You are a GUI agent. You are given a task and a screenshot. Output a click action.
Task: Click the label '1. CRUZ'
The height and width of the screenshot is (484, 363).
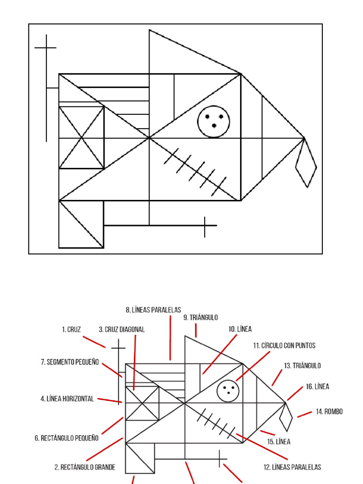(71, 329)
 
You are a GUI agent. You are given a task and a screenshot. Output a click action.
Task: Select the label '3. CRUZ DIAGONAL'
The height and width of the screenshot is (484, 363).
(121, 329)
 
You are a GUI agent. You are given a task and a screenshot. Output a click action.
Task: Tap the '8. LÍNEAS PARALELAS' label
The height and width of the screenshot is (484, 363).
(153, 310)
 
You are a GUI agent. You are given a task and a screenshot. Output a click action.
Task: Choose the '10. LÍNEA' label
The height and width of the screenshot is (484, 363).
(240, 329)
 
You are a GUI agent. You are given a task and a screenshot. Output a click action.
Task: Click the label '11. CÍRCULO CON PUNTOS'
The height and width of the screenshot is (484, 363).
(284, 346)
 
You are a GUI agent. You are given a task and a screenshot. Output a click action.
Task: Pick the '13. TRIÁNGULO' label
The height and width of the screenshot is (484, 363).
(302, 365)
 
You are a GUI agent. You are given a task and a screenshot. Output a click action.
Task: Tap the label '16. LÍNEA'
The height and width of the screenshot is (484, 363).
(318, 386)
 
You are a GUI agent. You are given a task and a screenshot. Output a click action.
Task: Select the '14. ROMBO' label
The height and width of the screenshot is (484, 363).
(329, 412)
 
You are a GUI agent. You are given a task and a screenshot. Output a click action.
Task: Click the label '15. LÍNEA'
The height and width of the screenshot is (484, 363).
(279, 442)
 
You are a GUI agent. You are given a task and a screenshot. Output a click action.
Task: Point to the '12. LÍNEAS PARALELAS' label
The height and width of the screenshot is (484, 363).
(292, 467)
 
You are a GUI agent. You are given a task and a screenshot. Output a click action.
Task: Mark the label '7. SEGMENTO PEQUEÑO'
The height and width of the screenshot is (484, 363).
(70, 362)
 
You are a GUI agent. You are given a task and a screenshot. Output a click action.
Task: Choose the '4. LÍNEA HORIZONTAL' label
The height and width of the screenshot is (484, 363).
(67, 399)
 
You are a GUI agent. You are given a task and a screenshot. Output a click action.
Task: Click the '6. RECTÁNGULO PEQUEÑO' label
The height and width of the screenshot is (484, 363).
(67, 438)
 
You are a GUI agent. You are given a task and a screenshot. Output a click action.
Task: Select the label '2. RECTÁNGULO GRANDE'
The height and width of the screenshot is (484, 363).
(85, 467)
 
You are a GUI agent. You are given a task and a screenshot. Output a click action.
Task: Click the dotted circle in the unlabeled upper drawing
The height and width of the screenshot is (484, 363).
(214, 121)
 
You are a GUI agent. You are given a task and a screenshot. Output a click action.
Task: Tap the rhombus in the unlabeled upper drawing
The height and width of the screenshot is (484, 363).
(306, 163)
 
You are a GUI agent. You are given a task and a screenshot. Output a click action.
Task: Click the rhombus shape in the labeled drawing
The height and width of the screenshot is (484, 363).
(285, 417)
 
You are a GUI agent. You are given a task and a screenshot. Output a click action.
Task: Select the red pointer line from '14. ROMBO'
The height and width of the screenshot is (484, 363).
(305, 414)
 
